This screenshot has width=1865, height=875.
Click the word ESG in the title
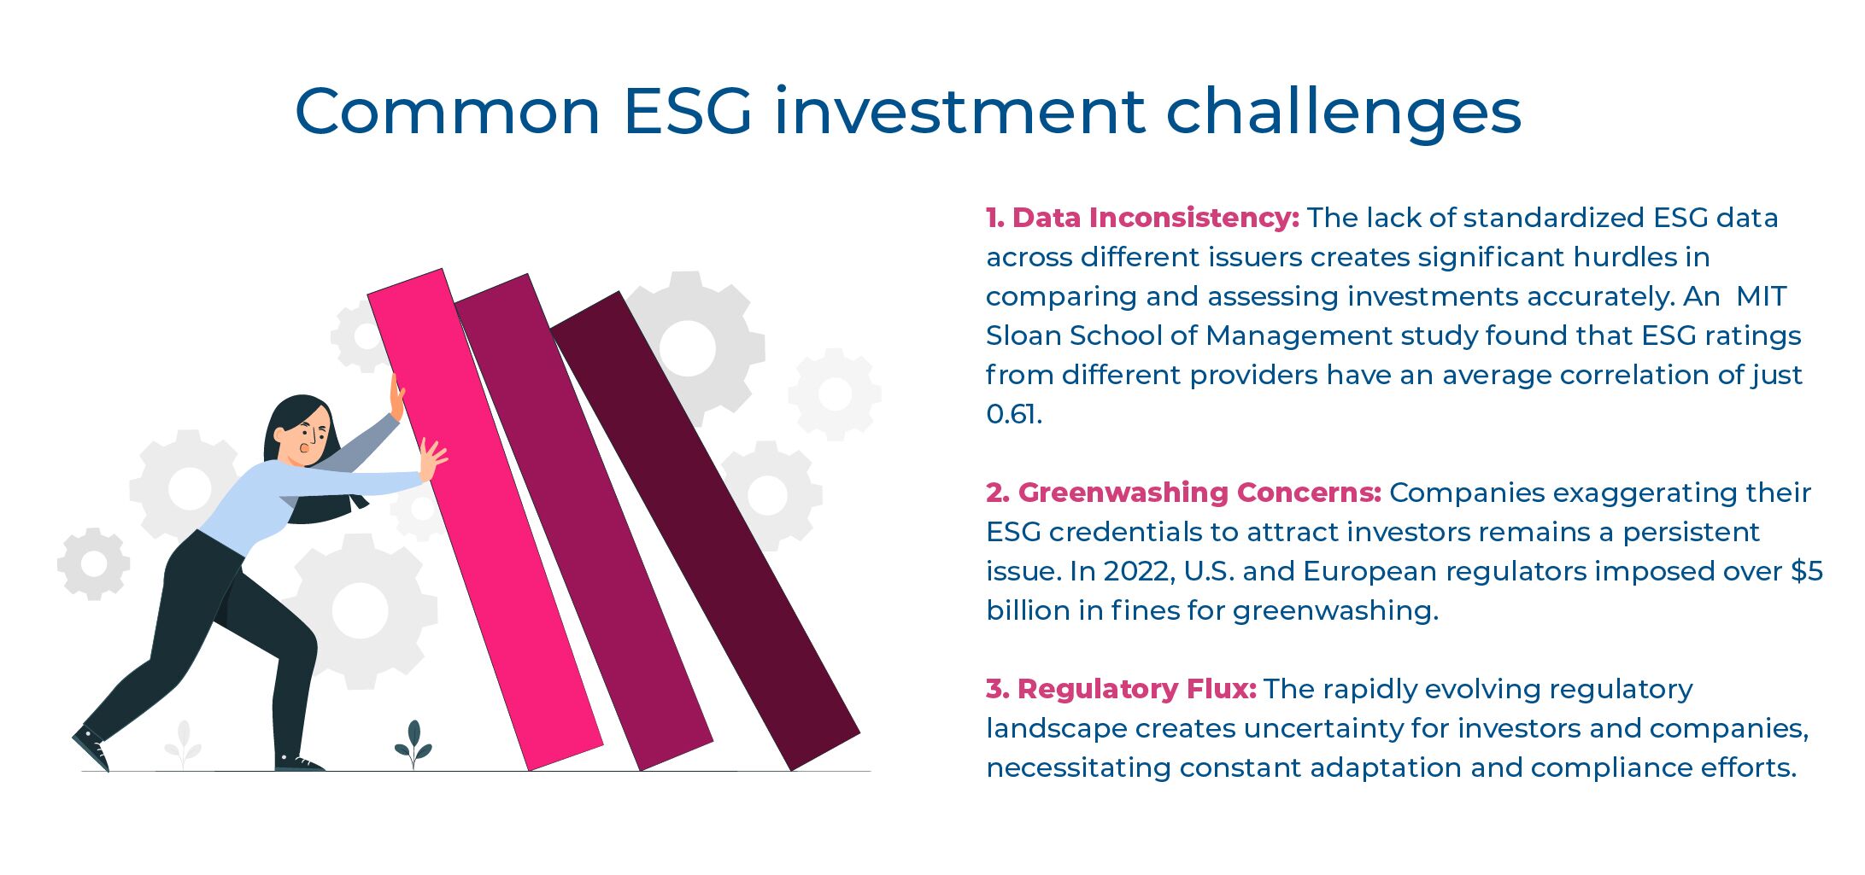[x=688, y=112]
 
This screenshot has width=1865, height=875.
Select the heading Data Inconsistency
[x=1142, y=218]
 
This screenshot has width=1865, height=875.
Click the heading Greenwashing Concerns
[x=1183, y=493]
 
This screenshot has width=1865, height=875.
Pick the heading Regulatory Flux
[x=1121, y=689]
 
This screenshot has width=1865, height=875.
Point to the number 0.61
[x=1013, y=414]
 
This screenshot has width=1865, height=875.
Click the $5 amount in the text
[x=1807, y=571]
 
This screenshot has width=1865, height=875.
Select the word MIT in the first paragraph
[x=1761, y=296]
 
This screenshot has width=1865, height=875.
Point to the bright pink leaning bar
[x=484, y=521]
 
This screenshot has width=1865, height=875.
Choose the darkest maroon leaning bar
[x=705, y=529]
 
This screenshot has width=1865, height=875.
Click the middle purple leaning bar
[x=585, y=521]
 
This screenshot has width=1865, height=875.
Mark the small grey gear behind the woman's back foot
[x=93, y=564]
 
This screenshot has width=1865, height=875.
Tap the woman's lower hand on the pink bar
[x=432, y=461]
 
